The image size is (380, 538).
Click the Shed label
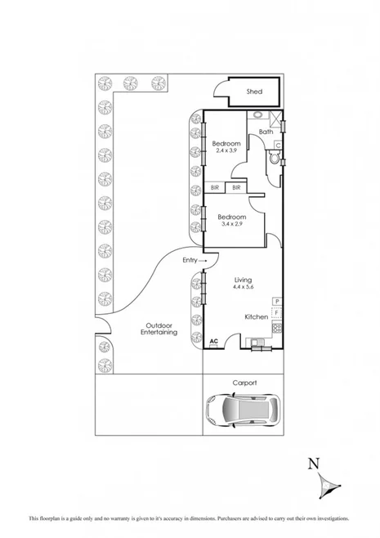coord(255,92)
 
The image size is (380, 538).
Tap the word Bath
coord(266,132)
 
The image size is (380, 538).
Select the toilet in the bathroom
coord(272,161)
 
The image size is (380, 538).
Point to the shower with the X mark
coord(279,119)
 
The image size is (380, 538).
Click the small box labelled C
coord(279,146)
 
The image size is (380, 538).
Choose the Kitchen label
coord(256,316)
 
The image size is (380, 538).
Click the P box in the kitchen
coord(277,302)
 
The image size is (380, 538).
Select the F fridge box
coord(277,312)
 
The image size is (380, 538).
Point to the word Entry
coord(190,260)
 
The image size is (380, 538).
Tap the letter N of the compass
coord(313,464)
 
